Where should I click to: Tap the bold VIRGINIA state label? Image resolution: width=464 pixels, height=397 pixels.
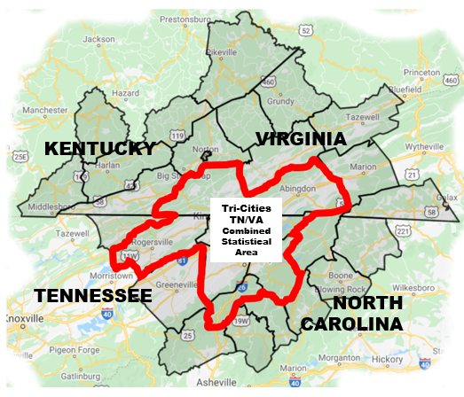pyautogui.click(x=300, y=138)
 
